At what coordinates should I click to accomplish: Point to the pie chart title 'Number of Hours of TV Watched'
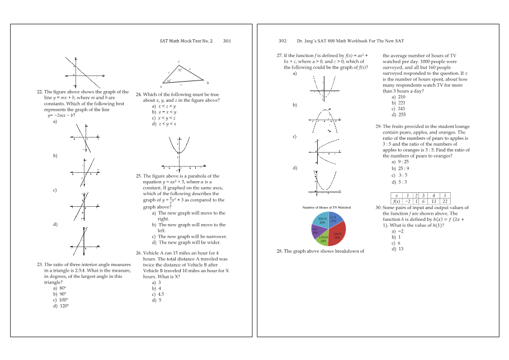click(326, 207)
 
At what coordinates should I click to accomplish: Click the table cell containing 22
click(445, 201)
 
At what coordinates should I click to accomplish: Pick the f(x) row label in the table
click(397, 201)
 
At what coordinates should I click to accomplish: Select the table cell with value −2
click(408, 201)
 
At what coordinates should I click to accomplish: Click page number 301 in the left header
click(227, 41)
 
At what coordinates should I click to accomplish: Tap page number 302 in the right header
click(282, 41)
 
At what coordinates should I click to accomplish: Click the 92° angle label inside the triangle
click(180, 70)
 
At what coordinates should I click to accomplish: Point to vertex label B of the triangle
click(207, 83)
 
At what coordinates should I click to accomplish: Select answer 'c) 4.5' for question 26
click(158, 294)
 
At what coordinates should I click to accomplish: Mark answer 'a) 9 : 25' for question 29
click(400, 162)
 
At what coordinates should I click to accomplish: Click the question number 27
click(279, 56)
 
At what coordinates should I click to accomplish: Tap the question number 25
click(139, 176)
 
